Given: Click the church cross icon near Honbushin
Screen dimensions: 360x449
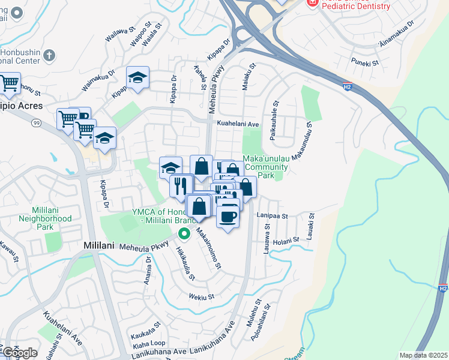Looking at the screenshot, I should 49,56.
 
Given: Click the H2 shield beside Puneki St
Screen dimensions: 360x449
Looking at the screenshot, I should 347,87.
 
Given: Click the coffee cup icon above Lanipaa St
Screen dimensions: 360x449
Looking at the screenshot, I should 228,216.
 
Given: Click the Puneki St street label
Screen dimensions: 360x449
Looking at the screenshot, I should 366,62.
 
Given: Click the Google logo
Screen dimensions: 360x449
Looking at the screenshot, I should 20,352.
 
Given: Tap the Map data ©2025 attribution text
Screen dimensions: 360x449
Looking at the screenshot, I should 423,355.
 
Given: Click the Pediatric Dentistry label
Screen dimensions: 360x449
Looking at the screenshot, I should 357,6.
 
